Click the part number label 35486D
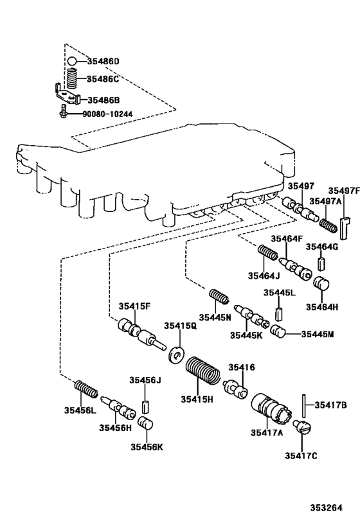tap(104, 62)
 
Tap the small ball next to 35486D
tap(73, 62)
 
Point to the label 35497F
tap(343, 191)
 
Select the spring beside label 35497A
tap(327, 225)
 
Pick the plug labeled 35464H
tap(321, 284)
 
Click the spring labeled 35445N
tap(220, 298)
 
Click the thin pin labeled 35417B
tap(301, 406)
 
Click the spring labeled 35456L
tap(85, 389)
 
